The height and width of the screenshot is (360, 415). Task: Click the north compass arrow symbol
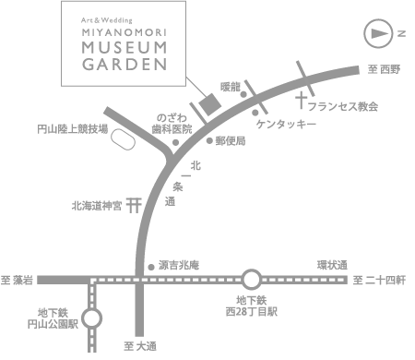(x=380, y=33)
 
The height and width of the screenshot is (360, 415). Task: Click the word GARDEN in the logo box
(x=112, y=65)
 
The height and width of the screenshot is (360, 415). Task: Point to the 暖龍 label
(x=231, y=86)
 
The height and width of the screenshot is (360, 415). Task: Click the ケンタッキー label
(x=287, y=123)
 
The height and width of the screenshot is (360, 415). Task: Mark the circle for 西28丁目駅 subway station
(x=251, y=279)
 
